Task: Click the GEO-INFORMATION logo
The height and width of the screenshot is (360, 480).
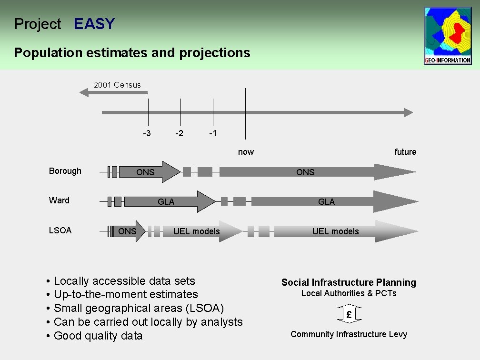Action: (448, 36)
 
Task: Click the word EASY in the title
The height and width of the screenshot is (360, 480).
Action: (94, 24)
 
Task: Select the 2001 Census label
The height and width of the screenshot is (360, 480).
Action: (117, 85)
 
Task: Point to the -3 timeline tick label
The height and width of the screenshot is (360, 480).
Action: (147, 133)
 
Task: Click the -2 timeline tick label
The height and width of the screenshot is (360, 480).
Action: (179, 133)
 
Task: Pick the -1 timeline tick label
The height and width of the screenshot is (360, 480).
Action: (213, 133)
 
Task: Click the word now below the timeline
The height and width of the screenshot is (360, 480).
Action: (246, 152)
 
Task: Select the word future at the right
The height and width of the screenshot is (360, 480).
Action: (405, 152)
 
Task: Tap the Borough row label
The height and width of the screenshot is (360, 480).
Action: (65, 171)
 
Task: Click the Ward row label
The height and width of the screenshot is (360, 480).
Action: (59, 200)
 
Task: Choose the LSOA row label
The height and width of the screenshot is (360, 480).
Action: (60, 230)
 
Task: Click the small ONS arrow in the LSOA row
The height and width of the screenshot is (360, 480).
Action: (128, 231)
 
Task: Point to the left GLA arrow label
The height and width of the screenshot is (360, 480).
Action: (166, 202)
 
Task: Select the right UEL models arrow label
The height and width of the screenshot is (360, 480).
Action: (335, 231)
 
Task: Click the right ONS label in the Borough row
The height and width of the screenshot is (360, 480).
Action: (305, 172)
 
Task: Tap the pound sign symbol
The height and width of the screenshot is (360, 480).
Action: (349, 314)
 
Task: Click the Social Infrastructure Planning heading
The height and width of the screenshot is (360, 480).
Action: (349, 282)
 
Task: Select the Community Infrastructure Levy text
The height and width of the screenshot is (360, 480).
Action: (349, 334)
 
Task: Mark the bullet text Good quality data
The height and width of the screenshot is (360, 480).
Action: (98, 336)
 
